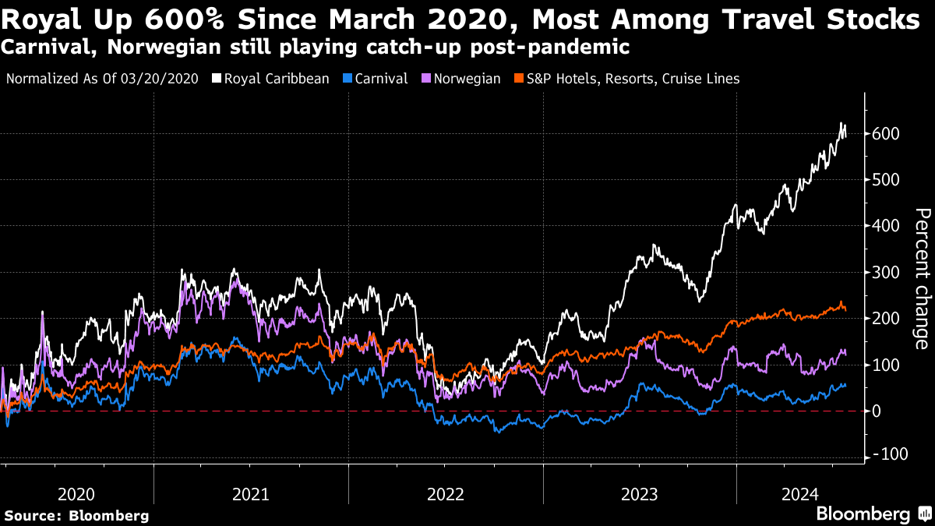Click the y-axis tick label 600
tap(887, 134)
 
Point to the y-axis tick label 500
tap(887, 180)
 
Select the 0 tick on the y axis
tap(878, 411)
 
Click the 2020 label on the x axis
tap(76, 494)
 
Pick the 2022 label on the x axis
tap(445, 494)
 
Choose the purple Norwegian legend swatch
tap(425, 79)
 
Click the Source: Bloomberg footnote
tap(76, 515)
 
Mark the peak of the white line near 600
tap(841, 123)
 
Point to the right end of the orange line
tap(846, 310)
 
